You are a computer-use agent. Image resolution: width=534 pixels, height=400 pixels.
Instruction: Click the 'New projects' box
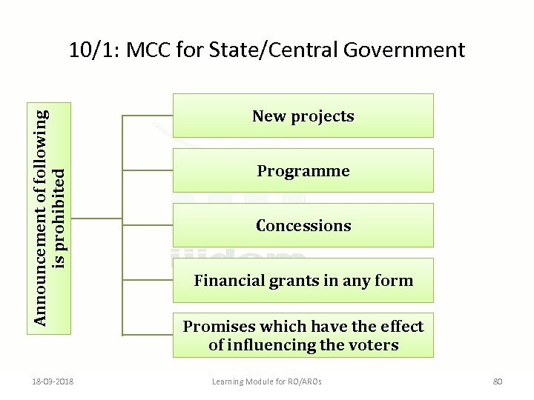pyautogui.click(x=303, y=116)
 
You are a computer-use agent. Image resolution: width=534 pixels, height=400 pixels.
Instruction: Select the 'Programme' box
pyautogui.click(x=303, y=170)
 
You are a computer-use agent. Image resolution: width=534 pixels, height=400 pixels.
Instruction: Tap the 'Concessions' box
pyautogui.click(x=303, y=225)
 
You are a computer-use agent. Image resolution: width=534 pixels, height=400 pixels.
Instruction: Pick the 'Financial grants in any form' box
pyautogui.click(x=303, y=280)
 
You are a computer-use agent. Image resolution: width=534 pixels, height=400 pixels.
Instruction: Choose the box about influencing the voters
pyautogui.click(x=303, y=335)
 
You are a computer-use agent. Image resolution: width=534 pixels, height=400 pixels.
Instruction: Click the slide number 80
pyautogui.click(x=498, y=381)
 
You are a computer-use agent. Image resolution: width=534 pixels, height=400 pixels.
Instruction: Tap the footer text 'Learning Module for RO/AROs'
pyautogui.click(x=267, y=381)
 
